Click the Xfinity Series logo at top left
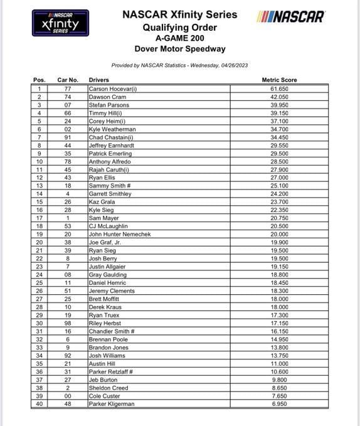[x=60, y=23]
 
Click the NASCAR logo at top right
[x=290, y=16]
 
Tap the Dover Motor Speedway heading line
[x=179, y=49]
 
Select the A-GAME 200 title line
[x=179, y=38]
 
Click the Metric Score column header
[x=279, y=80]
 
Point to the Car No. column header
[x=67, y=80]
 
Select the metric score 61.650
[x=279, y=89]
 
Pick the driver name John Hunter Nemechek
[x=120, y=234]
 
